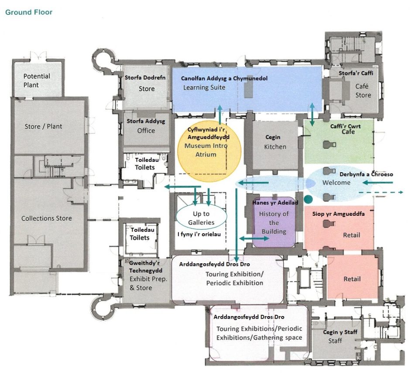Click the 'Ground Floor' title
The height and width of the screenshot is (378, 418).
point(29,12)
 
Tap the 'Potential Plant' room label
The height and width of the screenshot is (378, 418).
point(37,80)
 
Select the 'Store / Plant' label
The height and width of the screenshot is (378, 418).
point(43,126)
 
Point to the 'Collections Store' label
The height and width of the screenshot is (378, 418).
point(47,218)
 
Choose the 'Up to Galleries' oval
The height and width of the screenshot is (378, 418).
point(202,218)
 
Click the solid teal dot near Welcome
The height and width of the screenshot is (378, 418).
point(309,199)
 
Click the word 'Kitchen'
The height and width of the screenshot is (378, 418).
point(275,147)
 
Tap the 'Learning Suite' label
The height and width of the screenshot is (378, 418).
point(204,88)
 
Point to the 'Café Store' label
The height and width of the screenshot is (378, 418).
point(363,91)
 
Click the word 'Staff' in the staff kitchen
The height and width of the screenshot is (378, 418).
point(335,341)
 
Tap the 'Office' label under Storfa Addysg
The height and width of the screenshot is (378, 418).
point(146,130)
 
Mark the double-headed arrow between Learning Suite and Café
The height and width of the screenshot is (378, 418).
point(312,115)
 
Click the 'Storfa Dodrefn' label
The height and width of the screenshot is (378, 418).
point(145,78)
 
